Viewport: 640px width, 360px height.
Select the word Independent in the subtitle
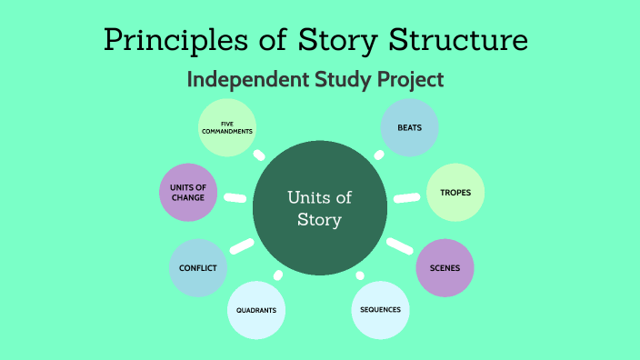point(244,80)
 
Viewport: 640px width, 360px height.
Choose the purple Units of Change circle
point(188,192)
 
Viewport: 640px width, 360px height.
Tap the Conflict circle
point(197,268)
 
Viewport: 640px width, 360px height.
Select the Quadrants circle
point(256,310)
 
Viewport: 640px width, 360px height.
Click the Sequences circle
point(379,310)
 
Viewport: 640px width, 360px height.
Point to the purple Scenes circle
point(445,268)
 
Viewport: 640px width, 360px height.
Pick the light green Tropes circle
point(455,193)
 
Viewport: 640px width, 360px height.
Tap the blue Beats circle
point(410,126)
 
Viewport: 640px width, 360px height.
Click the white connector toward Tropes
point(405,197)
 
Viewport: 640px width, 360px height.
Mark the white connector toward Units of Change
point(235,197)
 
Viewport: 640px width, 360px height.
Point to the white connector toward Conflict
point(242,245)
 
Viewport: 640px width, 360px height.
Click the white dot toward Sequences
point(360,275)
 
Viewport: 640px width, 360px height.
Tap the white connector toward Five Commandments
point(260,155)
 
